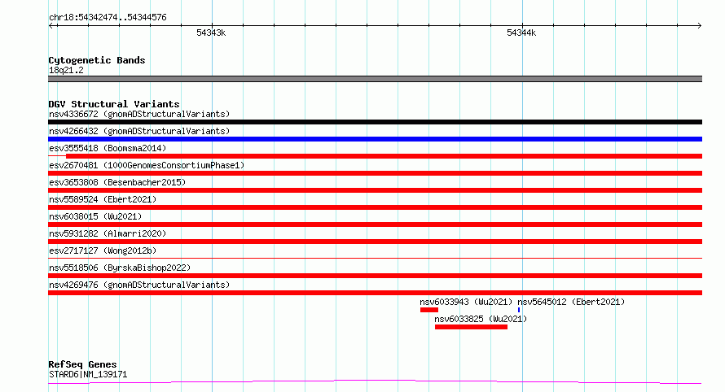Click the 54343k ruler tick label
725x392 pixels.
[x=211, y=33]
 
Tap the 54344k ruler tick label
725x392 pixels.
[x=521, y=33]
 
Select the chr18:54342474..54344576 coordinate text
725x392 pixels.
[x=108, y=18]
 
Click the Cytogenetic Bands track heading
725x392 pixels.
[x=97, y=60]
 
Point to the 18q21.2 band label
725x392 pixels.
[x=66, y=70]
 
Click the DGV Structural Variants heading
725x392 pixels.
[x=114, y=104]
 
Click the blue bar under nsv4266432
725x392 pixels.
[x=375, y=139]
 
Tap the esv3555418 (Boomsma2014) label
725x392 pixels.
[x=108, y=148]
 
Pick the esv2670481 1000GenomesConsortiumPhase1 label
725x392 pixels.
[x=147, y=165]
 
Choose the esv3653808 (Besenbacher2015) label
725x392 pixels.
[x=117, y=182]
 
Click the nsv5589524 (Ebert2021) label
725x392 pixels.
[x=103, y=199]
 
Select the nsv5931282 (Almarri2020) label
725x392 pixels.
[x=108, y=233]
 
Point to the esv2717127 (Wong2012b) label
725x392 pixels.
[x=103, y=250]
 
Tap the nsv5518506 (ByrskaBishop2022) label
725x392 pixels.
[x=120, y=268]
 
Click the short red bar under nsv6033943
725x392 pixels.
[x=429, y=310]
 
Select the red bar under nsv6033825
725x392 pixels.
[x=471, y=327]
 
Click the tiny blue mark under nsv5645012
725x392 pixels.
[x=519, y=310]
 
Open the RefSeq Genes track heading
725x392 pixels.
[x=82, y=364]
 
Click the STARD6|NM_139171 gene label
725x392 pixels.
[x=88, y=374]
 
